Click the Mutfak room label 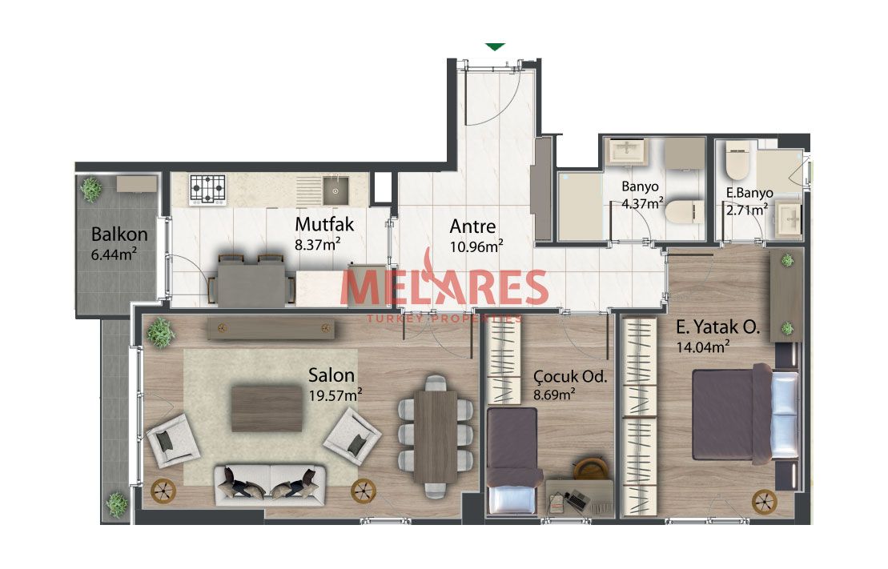(x=324, y=224)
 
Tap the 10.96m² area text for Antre (x=476, y=246)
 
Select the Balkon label (x=119, y=234)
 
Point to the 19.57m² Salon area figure (x=336, y=395)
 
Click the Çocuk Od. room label (x=570, y=376)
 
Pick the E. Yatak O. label (x=718, y=327)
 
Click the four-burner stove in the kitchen (x=207, y=190)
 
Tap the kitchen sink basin (x=336, y=190)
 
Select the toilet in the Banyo (x=684, y=213)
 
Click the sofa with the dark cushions (x=271, y=486)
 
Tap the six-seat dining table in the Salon (x=435, y=436)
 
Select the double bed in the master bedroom (x=745, y=414)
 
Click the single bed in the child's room (x=512, y=461)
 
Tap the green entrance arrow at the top (x=496, y=47)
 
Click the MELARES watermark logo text (x=444, y=287)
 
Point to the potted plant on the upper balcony (x=91, y=189)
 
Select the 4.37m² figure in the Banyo (x=642, y=203)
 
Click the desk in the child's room (x=580, y=496)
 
